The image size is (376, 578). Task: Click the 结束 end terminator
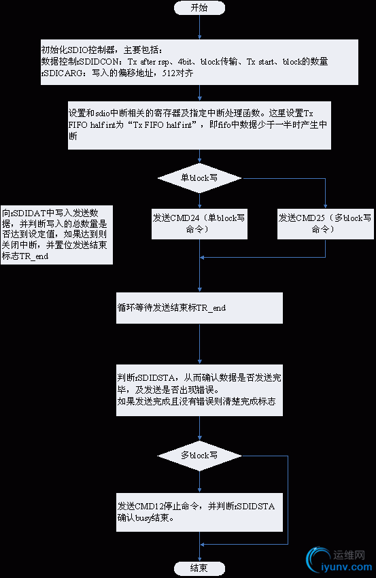pos(199,568)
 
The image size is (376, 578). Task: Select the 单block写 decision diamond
pos(199,177)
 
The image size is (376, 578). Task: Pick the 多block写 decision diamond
pos(199,454)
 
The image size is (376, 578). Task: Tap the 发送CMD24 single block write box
pos(199,224)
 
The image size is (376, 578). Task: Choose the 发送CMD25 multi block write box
pos(326,224)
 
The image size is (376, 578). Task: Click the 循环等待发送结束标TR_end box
pos(199,308)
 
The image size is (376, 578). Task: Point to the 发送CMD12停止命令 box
pos(199,512)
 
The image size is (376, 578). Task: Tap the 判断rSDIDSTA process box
pos(199,391)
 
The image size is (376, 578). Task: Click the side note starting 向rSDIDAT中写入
pos(57,235)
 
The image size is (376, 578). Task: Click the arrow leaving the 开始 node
pos(199,27)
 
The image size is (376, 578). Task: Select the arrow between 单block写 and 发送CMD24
pos(199,199)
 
